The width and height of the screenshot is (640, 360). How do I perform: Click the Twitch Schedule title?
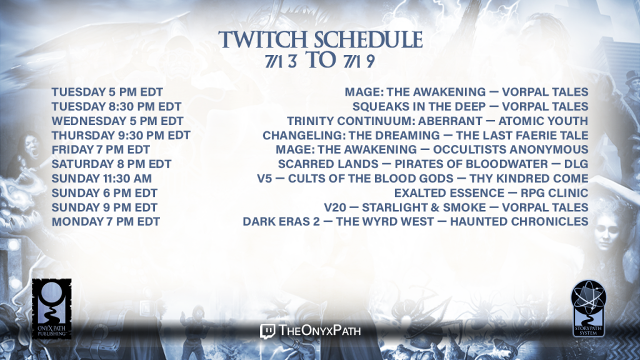pyautogui.click(x=321, y=39)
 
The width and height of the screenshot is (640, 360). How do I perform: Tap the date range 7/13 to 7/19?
pyautogui.click(x=319, y=61)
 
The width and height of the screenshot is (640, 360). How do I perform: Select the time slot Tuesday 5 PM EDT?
pyautogui.click(x=107, y=92)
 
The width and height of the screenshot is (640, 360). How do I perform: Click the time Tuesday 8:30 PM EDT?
pyautogui.click(x=116, y=106)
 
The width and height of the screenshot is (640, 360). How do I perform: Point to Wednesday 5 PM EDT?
pyautogui.click(x=117, y=121)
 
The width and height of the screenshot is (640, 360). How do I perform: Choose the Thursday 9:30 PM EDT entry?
pyautogui.click(x=121, y=136)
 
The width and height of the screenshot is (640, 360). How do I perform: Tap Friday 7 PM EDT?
pyautogui.click(x=101, y=150)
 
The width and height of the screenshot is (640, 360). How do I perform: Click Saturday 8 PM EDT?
pyautogui.click(x=111, y=164)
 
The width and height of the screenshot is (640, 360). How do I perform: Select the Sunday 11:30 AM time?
pyautogui.click(x=102, y=178)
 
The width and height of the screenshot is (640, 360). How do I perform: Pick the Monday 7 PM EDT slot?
pyautogui.click(x=106, y=222)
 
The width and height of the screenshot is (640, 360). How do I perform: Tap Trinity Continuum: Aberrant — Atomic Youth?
pyautogui.click(x=437, y=121)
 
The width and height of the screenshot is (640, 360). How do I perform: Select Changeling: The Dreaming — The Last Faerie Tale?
pyautogui.click(x=425, y=136)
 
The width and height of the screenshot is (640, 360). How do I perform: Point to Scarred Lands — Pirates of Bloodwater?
pyautogui.click(x=412, y=164)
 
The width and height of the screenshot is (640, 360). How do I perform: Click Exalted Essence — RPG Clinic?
pyautogui.click(x=491, y=193)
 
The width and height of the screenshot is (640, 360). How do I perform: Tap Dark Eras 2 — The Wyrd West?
pyautogui.click(x=338, y=222)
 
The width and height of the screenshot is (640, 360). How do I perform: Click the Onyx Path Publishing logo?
pyautogui.click(x=51, y=309)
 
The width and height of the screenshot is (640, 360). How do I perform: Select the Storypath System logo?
pyautogui.click(x=588, y=309)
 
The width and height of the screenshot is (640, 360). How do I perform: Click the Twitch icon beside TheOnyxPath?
pyautogui.click(x=267, y=331)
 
